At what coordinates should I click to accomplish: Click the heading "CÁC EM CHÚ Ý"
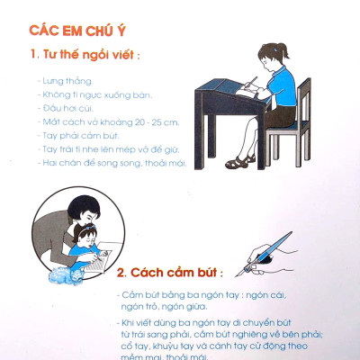77,31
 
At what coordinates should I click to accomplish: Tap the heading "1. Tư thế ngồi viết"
85,55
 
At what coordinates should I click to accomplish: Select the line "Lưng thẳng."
66,81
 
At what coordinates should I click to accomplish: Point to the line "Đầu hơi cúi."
66,108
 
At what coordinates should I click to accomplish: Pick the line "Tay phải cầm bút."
78,136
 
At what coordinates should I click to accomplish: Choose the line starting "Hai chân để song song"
112,163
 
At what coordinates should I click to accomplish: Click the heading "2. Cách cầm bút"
169,273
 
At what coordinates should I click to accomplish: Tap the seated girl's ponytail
283,50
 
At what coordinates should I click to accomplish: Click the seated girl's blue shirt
282,86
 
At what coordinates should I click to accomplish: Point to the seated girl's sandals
240,162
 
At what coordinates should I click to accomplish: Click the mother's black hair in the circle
84,206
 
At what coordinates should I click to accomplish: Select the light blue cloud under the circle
67,274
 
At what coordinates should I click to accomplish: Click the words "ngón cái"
265,295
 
